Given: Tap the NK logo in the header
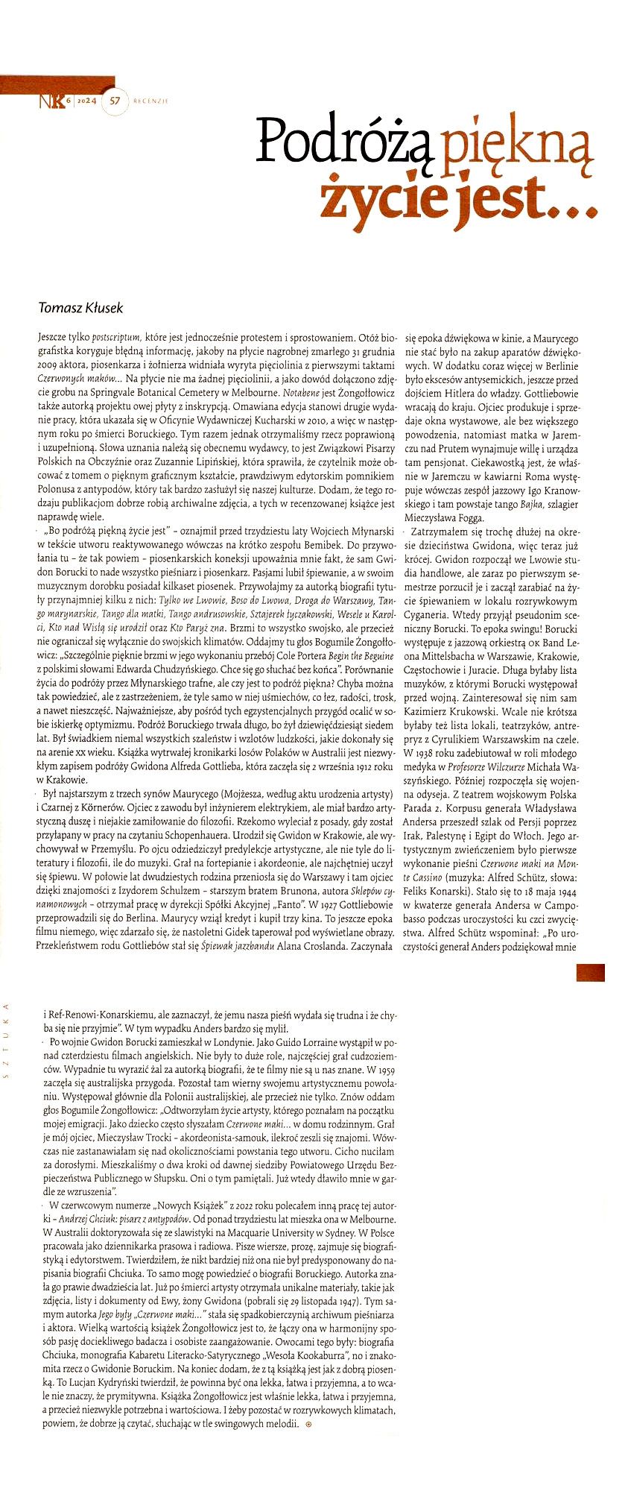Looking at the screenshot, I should [51, 100].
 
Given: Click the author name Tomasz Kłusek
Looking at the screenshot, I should [80, 308].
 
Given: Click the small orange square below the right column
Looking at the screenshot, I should [590, 972].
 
